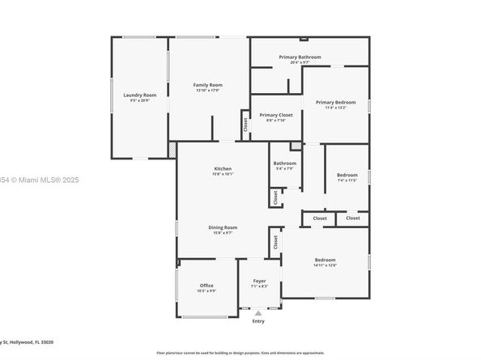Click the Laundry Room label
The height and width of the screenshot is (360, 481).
point(139,95)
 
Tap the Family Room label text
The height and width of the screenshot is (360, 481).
point(207,85)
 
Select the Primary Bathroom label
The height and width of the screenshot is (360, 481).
point(300,57)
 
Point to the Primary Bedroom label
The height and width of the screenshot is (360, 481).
point(335,102)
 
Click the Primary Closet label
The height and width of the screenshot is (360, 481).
point(275,115)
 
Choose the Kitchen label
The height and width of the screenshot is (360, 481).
point(223,168)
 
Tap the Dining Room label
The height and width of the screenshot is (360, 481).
point(223,227)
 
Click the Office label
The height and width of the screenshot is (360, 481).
point(206,286)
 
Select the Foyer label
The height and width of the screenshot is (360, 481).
point(258,281)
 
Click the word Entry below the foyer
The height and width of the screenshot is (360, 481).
point(258,321)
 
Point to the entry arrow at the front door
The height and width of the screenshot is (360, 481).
point(258,312)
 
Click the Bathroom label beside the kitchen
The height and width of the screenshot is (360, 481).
point(284,163)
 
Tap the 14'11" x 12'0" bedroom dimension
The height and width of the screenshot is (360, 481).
point(324,265)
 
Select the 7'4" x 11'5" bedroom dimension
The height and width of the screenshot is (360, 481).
point(347,180)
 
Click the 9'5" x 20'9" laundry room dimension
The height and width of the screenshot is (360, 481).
point(139,100)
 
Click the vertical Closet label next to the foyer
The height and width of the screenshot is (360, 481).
point(275,241)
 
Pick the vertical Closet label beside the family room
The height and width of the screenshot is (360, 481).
point(245,125)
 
